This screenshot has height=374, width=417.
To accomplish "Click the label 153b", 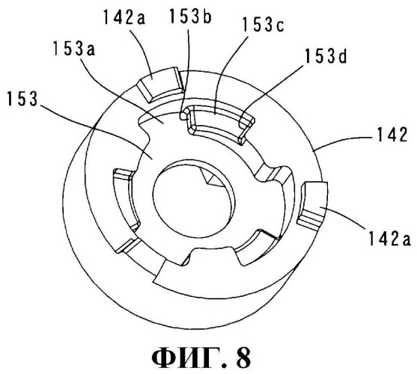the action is [x=190, y=17].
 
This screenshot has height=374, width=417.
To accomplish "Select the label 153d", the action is [x=326, y=56].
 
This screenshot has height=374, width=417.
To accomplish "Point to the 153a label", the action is [x=73, y=49].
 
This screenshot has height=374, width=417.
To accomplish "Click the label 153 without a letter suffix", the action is [x=22, y=99].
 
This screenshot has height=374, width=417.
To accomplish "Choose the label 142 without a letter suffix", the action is [x=392, y=135].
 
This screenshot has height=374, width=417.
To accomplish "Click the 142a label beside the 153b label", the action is [x=124, y=17].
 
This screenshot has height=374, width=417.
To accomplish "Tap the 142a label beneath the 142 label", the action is [x=389, y=238].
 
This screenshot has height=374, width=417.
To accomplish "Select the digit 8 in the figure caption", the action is [x=243, y=358].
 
